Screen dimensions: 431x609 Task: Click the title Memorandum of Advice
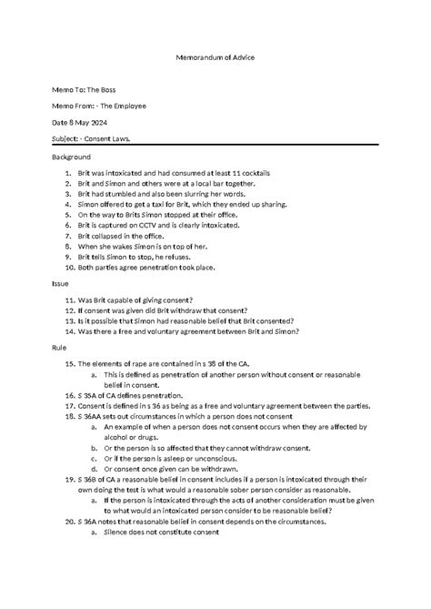(215, 57)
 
